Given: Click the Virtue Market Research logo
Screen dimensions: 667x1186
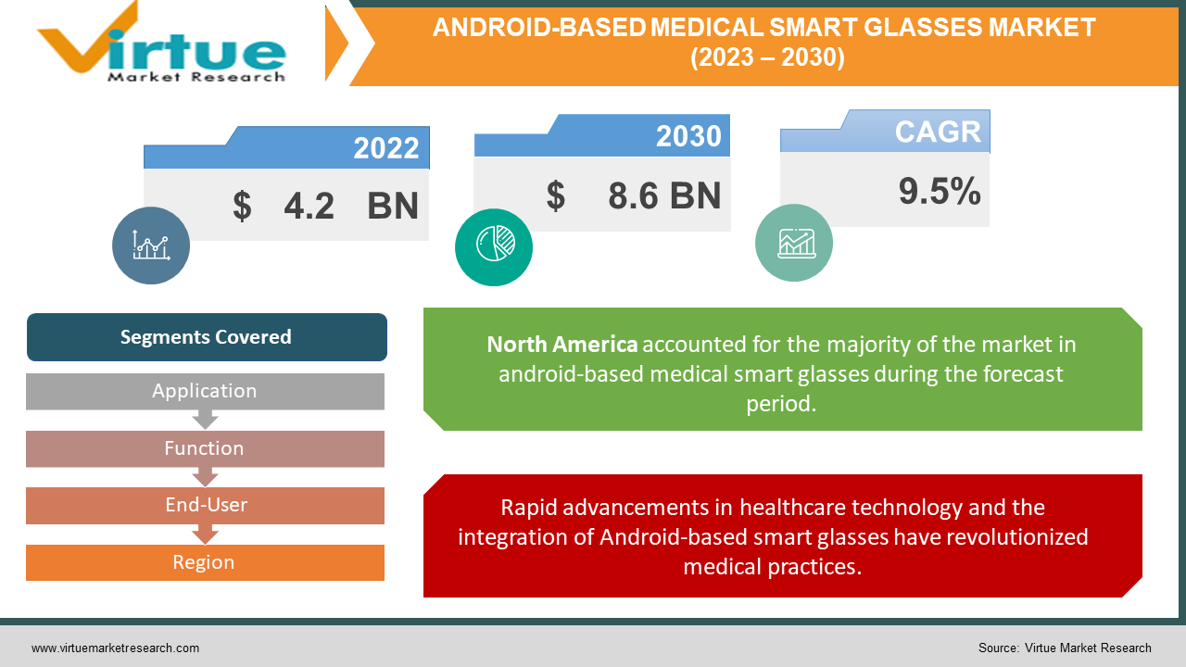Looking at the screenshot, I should tap(162, 44).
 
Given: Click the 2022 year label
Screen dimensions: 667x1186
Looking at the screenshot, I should tap(385, 148).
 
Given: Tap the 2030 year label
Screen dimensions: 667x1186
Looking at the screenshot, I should tap(688, 136).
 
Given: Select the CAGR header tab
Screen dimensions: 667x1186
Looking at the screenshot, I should tap(938, 132).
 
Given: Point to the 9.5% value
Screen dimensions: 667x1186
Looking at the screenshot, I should tap(940, 191).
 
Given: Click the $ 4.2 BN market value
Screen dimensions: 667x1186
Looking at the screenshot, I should tap(325, 206).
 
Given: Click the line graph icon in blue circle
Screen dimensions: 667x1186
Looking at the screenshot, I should tap(151, 245).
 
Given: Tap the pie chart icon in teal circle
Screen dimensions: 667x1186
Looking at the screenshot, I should tap(494, 246).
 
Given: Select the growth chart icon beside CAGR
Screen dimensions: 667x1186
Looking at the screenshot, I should tap(794, 242).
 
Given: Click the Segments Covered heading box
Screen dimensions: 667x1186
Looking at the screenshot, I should tap(206, 337).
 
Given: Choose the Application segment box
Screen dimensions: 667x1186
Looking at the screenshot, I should tap(205, 391).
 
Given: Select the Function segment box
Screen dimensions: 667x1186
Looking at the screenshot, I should tap(205, 448).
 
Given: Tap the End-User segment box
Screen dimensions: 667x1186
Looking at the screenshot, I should tap(205, 505).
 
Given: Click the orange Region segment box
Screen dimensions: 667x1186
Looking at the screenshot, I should tap(205, 562).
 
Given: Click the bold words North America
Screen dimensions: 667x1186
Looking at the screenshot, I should tap(562, 345).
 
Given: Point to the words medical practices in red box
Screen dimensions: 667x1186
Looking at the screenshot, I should tap(772, 566).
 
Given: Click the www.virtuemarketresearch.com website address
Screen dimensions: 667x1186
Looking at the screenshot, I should tap(115, 648).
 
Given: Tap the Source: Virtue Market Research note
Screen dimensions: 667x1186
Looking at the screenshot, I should tap(1065, 648).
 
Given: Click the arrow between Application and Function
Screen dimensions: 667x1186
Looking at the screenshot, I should tap(205, 421).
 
